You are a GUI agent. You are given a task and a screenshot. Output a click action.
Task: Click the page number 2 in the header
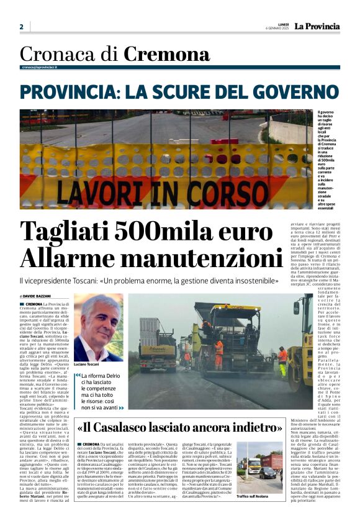[21, 27]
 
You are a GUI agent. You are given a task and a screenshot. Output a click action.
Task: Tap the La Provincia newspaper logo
[317, 27]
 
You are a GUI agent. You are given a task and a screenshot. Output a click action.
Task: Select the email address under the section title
[39, 67]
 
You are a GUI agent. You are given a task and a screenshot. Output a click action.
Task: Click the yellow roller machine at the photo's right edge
[300, 345]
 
